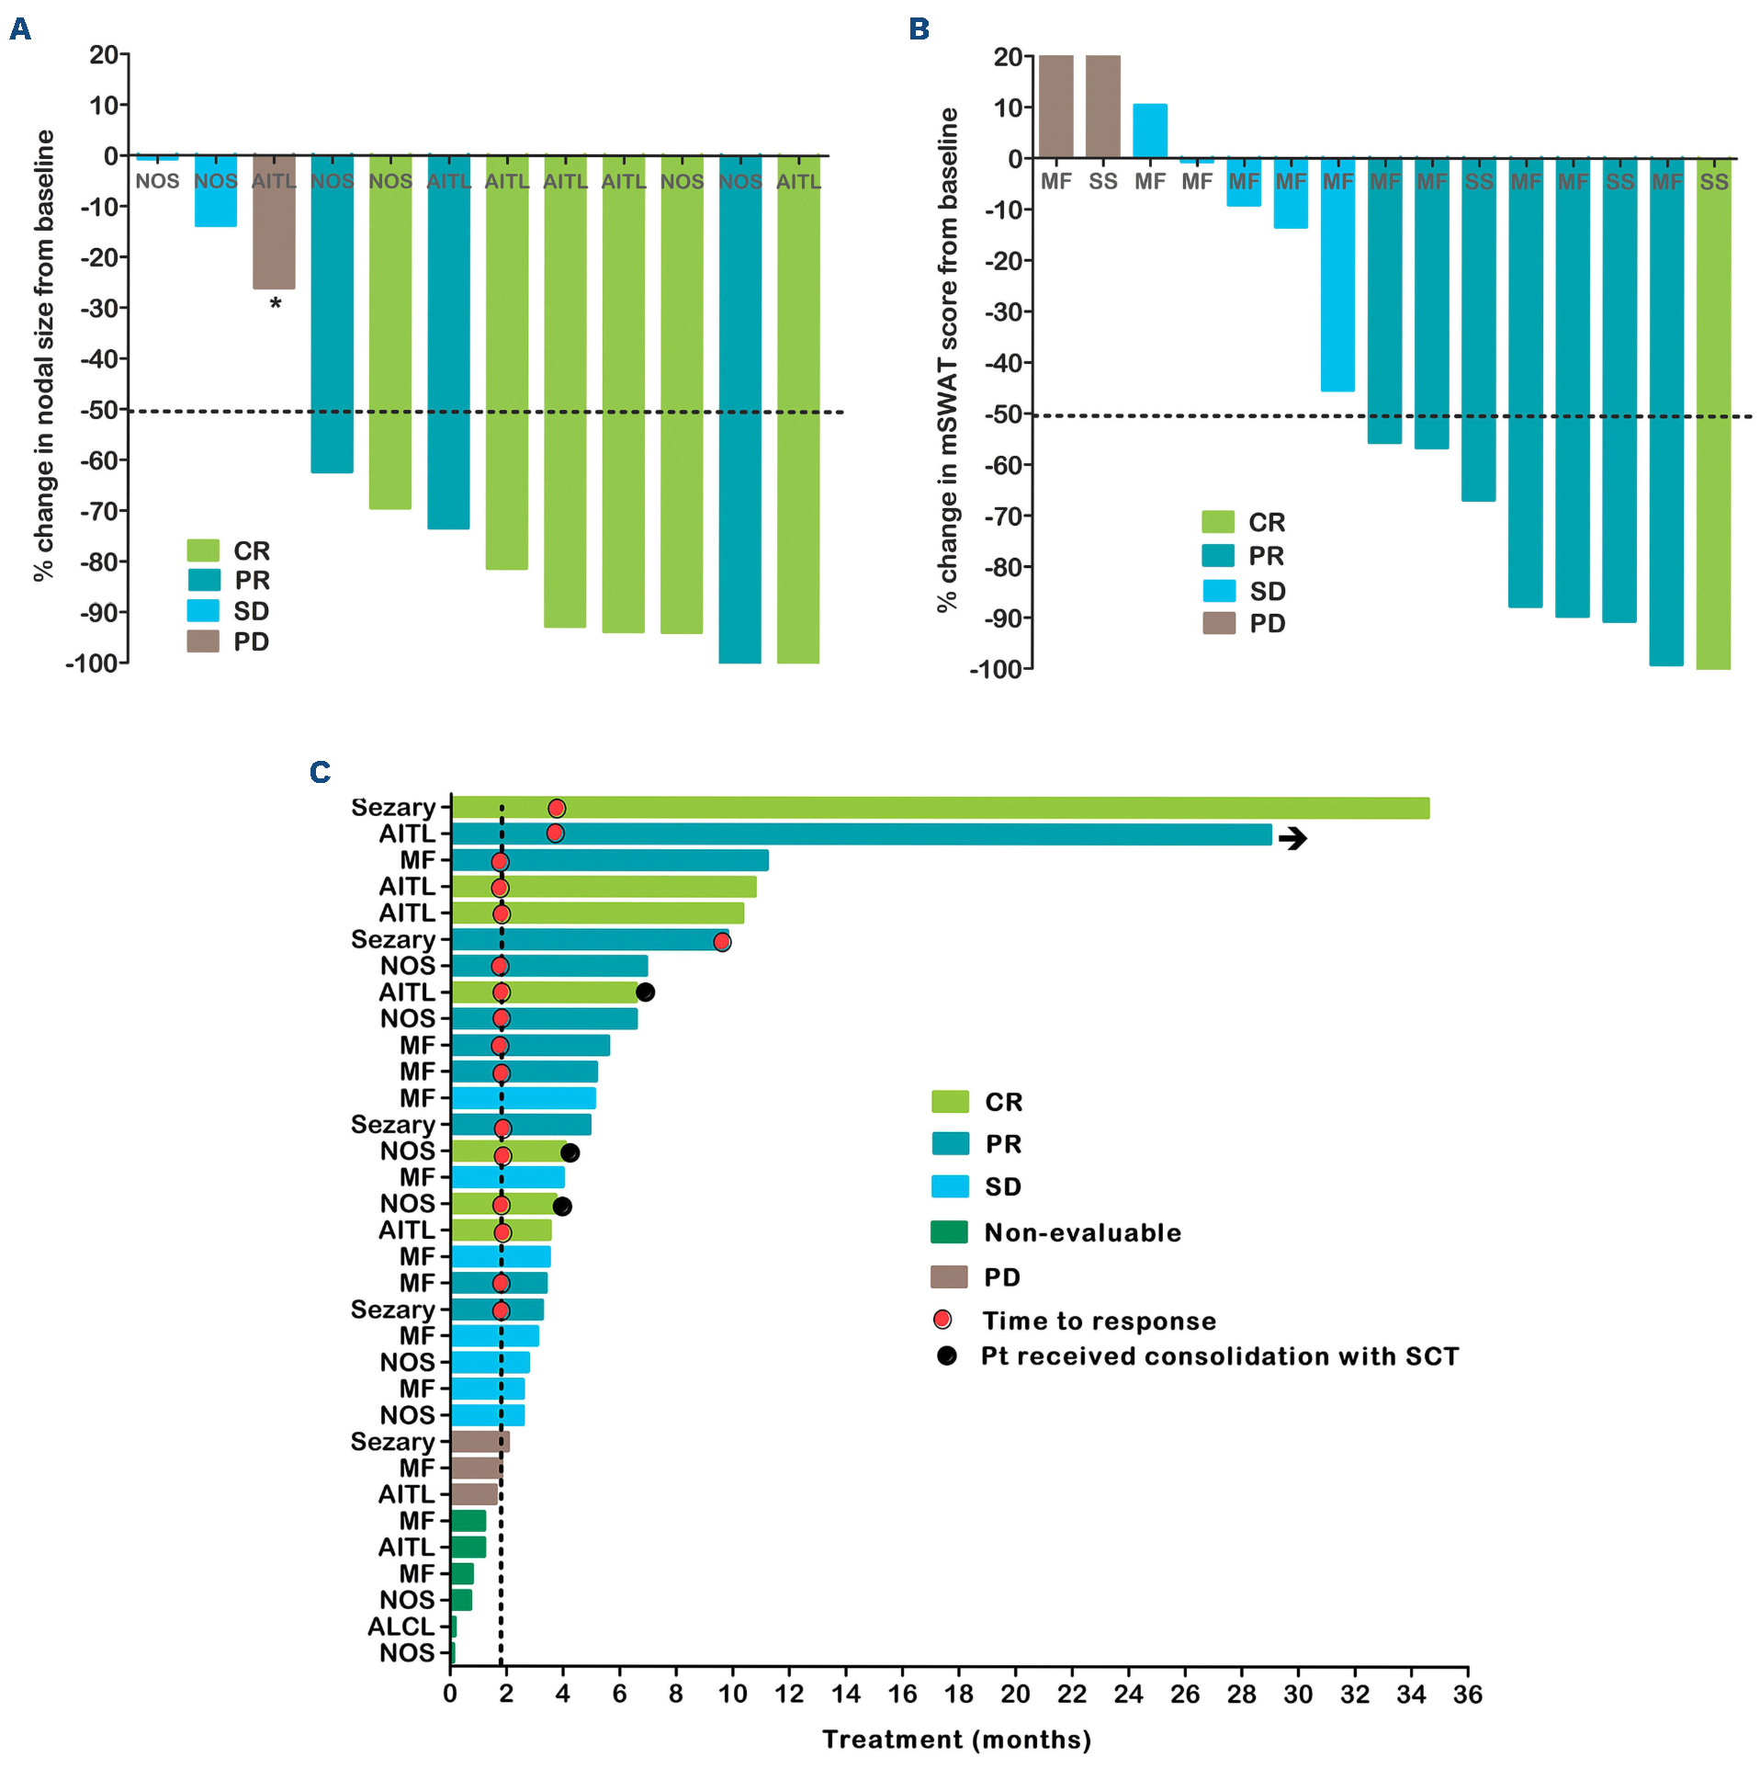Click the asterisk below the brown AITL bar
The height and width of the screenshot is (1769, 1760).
[x=275, y=303]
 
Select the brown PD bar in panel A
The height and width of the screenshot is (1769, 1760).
[x=274, y=221]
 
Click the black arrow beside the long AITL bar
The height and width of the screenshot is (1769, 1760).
[x=1292, y=838]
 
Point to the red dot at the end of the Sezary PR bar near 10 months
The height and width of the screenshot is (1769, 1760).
[x=722, y=941]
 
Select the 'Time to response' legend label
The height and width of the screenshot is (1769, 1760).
[x=1099, y=1321]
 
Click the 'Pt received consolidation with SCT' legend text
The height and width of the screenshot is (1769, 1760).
[x=1219, y=1356]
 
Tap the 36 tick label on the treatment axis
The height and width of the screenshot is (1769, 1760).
[x=1467, y=1695]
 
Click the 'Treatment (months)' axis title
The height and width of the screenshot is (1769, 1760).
[x=956, y=1740]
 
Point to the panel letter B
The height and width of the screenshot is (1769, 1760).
[x=919, y=29]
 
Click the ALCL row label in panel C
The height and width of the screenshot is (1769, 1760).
[x=401, y=1627]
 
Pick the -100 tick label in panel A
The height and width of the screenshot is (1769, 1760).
[x=92, y=663]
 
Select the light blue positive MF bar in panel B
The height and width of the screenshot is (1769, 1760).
[x=1149, y=130]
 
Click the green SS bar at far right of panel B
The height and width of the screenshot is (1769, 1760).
[x=1713, y=414]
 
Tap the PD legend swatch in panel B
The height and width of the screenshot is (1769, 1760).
[x=1218, y=623]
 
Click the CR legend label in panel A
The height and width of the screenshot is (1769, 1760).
[x=252, y=550]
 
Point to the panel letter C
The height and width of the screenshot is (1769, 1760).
[x=320, y=772]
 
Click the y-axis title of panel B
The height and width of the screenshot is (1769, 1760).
[x=947, y=358]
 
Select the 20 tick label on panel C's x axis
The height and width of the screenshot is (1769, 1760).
[x=1015, y=1695]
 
